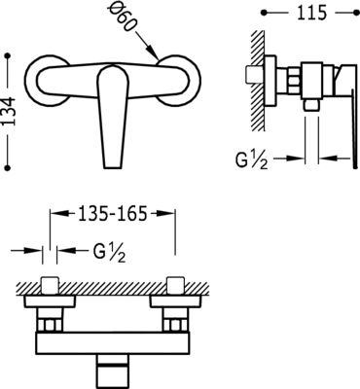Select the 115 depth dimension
pyautogui.click(x=311, y=13)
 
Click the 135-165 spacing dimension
pyautogui.click(x=112, y=213)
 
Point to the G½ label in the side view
pyautogui.click(x=252, y=159)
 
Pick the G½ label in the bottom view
pyautogui.click(x=109, y=252)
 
